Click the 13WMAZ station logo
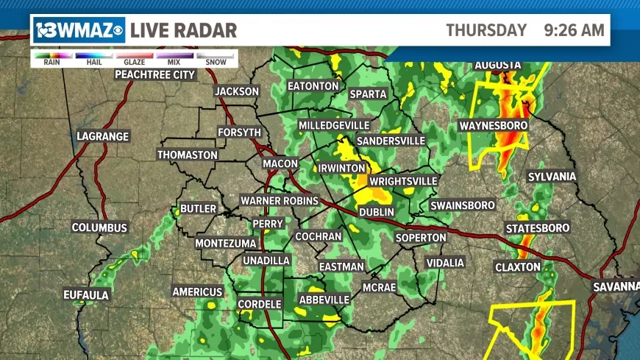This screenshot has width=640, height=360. click(79, 30)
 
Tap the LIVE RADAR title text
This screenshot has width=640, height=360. click(183, 30)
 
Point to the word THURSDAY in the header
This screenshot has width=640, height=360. click(486, 30)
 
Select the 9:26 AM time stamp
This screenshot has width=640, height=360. click(575, 30)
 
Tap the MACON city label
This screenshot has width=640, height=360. click(280, 163)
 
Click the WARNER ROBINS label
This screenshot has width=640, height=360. click(280, 200)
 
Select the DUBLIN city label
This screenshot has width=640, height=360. click(377, 212)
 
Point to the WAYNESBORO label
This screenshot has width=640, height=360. click(494, 126)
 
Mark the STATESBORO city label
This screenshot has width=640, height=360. click(538, 228)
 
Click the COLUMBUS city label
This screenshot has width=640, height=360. click(99, 227)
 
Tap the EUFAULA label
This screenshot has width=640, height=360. click(86, 295)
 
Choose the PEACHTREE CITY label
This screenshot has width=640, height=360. click(154, 74)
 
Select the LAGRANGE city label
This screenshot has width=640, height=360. click(103, 136)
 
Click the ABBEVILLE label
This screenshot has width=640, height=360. click(324, 300)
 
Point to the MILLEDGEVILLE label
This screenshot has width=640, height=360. click(334, 125)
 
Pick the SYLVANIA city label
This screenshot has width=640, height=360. click(552, 177)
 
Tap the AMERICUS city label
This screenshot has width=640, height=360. click(197, 292)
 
